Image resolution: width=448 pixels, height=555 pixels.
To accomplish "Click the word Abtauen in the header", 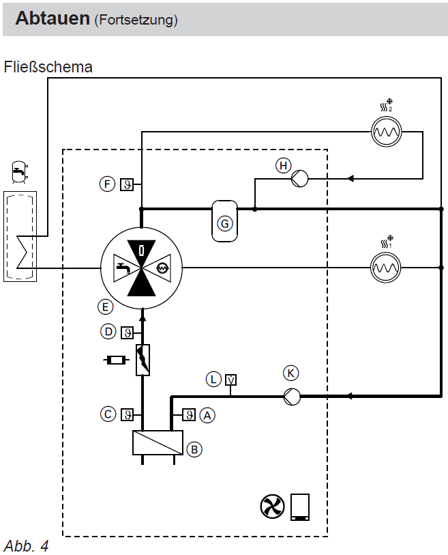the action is [x=53, y=18].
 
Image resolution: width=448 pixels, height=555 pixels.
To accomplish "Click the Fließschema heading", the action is [x=48, y=67].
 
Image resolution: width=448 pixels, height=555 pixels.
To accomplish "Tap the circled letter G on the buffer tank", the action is [x=225, y=224].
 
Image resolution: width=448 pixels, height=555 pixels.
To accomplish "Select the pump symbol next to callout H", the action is [x=300, y=179].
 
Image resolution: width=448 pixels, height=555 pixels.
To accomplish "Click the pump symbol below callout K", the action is [x=293, y=397].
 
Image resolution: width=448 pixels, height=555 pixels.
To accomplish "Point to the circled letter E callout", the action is [x=106, y=307].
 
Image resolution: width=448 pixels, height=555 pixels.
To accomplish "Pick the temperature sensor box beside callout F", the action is [x=127, y=184].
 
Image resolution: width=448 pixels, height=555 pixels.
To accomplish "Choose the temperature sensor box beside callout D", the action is [x=128, y=332].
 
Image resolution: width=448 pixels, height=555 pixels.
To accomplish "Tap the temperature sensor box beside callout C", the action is [x=128, y=414].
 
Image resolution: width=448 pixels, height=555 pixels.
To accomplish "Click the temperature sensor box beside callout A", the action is [x=189, y=414].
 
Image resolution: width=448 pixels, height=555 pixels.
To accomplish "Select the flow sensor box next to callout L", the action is [x=231, y=380].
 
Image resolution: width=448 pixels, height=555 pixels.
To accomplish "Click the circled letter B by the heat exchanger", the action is [x=194, y=449].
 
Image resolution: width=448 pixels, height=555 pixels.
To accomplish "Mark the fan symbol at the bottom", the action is [x=272, y=506].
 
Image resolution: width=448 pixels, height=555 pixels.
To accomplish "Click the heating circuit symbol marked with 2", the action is [x=387, y=132].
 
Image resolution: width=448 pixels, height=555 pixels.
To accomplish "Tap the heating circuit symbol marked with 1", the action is [x=386, y=268].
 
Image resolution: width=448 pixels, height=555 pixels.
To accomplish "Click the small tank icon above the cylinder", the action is [x=20, y=172].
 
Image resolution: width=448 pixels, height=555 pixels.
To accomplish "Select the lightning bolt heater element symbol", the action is [x=143, y=360].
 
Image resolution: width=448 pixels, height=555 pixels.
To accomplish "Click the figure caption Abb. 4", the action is [x=26, y=545].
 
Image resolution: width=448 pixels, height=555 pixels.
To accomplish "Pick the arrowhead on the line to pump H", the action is [x=350, y=178].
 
